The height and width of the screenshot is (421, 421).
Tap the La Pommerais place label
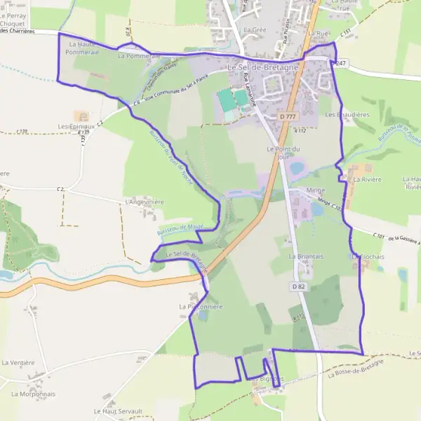click(x=140, y=55)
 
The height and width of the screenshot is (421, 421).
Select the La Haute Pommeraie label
click(x=83, y=48)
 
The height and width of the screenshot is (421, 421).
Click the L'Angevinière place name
click(x=144, y=202)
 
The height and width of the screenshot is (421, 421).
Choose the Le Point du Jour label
click(x=283, y=153)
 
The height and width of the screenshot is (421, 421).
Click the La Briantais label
click(x=305, y=257)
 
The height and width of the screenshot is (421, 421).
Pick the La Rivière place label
click(x=366, y=180)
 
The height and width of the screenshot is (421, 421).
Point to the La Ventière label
click(x=18, y=363)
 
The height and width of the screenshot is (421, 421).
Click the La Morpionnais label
click(x=33, y=394)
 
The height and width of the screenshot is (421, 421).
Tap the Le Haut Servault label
click(x=118, y=411)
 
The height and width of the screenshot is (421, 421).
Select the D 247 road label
click(x=341, y=64)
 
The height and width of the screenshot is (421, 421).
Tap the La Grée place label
click(x=255, y=31)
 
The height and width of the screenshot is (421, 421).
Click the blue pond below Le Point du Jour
click(x=296, y=168)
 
